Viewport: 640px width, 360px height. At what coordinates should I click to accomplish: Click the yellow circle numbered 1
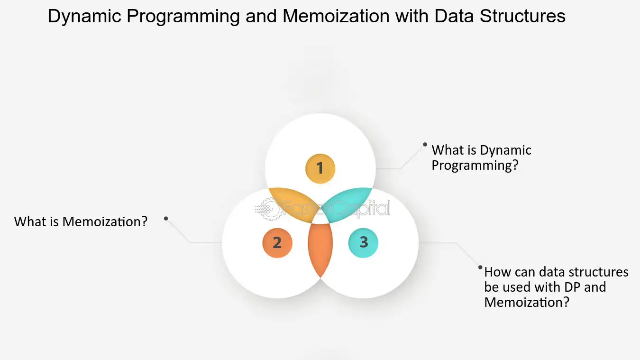pyautogui.click(x=320, y=168)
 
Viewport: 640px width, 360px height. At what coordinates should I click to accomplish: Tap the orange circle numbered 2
pyautogui.click(x=277, y=243)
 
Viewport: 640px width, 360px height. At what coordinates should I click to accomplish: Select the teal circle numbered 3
pyautogui.click(x=363, y=243)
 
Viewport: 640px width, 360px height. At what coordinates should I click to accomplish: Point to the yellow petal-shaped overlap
pyautogui.click(x=292, y=203)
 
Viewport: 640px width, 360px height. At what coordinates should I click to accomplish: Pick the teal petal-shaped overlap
pyautogui.click(x=348, y=203)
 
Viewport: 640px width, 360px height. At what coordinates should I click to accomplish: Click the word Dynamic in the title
pyautogui.click(x=84, y=17)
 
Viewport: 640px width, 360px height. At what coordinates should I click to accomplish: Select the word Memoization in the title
pyautogui.click(x=336, y=16)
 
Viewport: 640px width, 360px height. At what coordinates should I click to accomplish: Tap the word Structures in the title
pyautogui.click(x=522, y=16)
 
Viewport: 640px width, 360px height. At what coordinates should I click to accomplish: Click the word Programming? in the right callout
pyautogui.click(x=475, y=166)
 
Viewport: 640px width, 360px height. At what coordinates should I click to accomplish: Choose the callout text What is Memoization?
pyautogui.click(x=81, y=222)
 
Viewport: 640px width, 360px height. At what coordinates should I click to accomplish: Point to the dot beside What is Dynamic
pyautogui.click(x=425, y=145)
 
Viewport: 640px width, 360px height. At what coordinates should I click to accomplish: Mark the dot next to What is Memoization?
pyautogui.click(x=166, y=219)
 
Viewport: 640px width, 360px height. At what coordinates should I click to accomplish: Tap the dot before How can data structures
pyautogui.click(x=480, y=268)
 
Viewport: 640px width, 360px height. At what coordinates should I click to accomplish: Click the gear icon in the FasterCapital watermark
pyautogui.click(x=267, y=209)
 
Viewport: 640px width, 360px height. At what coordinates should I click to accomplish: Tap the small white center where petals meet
pyautogui.click(x=320, y=219)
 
